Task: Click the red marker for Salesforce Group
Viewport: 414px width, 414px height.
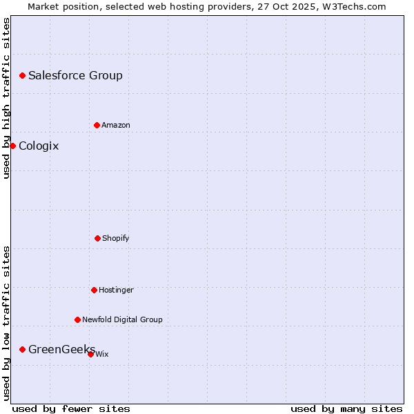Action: point(22,75)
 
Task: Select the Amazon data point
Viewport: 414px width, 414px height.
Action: point(97,125)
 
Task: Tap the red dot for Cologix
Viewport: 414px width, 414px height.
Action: point(12,146)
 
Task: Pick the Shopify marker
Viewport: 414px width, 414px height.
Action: point(97,238)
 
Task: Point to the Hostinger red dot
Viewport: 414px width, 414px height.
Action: point(94,290)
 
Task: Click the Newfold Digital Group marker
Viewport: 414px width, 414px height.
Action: point(77,319)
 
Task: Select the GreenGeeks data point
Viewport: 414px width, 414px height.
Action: point(22,349)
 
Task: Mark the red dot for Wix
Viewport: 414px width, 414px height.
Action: point(90,354)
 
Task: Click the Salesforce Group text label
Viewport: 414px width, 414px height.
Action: point(75,75)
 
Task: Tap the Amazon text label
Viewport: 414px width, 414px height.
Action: point(116,125)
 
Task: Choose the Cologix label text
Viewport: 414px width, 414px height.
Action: point(39,146)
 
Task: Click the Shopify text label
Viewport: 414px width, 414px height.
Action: point(116,238)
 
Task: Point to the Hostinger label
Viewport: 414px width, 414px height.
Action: point(116,290)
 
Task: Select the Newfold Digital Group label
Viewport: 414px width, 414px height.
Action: point(122,319)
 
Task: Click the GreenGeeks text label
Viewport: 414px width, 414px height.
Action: point(61,349)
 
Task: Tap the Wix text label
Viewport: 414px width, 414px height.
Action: point(102,354)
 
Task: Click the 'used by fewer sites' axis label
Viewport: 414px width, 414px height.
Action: point(71,408)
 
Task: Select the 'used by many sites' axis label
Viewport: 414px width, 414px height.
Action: point(346,408)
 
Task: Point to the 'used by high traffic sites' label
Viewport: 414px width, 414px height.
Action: point(6,98)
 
